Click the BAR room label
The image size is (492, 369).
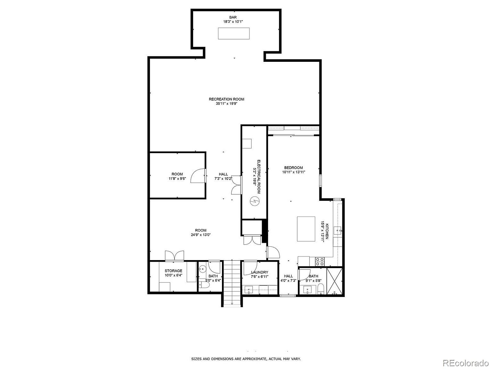(x=233, y=17)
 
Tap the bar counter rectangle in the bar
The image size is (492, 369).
(x=234, y=33)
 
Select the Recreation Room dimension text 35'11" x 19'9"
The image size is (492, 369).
(x=226, y=103)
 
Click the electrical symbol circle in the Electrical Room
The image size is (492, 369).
(x=255, y=201)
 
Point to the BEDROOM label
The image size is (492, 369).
(x=293, y=168)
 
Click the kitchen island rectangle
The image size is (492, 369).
(x=306, y=229)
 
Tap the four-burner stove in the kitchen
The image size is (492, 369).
(x=320, y=262)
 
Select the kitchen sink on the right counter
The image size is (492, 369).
(x=338, y=231)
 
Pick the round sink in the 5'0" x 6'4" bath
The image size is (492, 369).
(x=202, y=269)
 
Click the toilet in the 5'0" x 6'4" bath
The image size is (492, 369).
(x=202, y=284)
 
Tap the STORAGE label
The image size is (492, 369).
(x=173, y=271)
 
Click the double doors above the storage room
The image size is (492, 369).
(x=175, y=256)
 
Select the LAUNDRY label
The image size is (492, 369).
(x=259, y=272)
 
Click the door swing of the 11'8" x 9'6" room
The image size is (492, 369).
(x=197, y=176)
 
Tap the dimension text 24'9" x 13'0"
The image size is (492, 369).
(x=201, y=234)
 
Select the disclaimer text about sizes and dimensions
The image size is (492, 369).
(x=246, y=359)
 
